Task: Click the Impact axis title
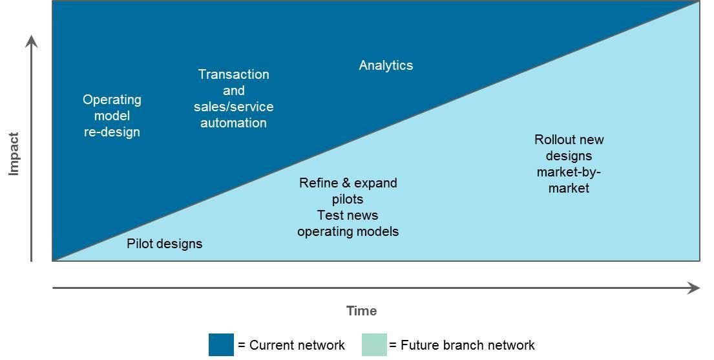(14, 154)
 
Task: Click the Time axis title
(361, 311)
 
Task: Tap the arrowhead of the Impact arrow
(32, 42)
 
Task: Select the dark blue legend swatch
(221, 344)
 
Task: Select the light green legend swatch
(374, 344)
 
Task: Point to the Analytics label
(386, 65)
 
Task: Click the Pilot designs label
(164, 244)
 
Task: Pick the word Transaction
(233, 74)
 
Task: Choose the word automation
(233, 123)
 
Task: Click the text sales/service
(233, 107)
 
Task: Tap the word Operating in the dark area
(112, 100)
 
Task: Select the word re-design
(112, 132)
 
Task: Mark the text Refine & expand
(348, 183)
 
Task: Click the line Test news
(348, 215)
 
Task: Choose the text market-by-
(569, 172)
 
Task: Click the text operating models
(348, 231)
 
